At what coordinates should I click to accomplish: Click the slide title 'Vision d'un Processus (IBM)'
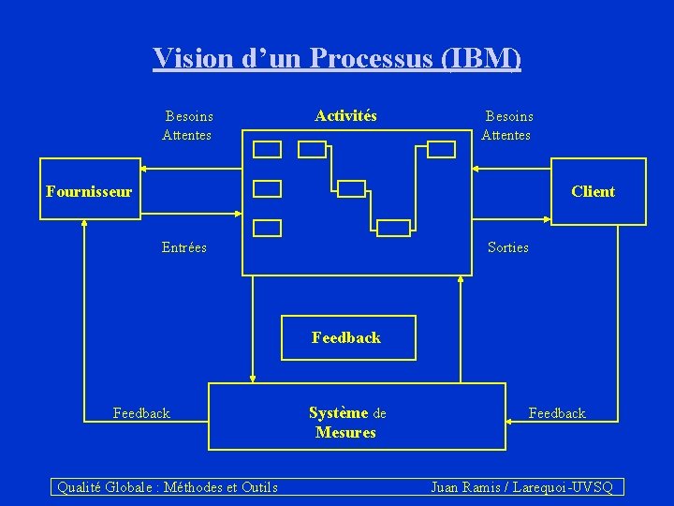(337, 58)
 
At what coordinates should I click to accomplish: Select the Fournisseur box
(89, 191)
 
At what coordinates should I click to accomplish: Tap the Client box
(598, 191)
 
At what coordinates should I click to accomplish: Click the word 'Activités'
(345, 116)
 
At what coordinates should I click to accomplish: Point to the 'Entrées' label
(184, 247)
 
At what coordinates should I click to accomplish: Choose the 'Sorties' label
(507, 247)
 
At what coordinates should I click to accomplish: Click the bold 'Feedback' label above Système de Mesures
(346, 337)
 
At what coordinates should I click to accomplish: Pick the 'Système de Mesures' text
(346, 423)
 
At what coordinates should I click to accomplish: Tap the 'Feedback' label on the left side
(141, 412)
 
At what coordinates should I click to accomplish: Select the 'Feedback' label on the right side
(557, 412)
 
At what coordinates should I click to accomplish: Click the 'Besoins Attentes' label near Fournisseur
(188, 126)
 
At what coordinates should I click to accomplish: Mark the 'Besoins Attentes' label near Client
(507, 126)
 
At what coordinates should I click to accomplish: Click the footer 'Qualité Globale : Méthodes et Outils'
(168, 486)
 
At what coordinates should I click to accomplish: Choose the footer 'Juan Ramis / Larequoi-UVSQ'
(521, 486)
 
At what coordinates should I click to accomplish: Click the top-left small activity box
(268, 149)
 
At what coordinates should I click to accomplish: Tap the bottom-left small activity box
(268, 227)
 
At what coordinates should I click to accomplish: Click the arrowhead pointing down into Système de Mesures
(251, 378)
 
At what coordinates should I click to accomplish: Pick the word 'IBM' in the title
(481, 58)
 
